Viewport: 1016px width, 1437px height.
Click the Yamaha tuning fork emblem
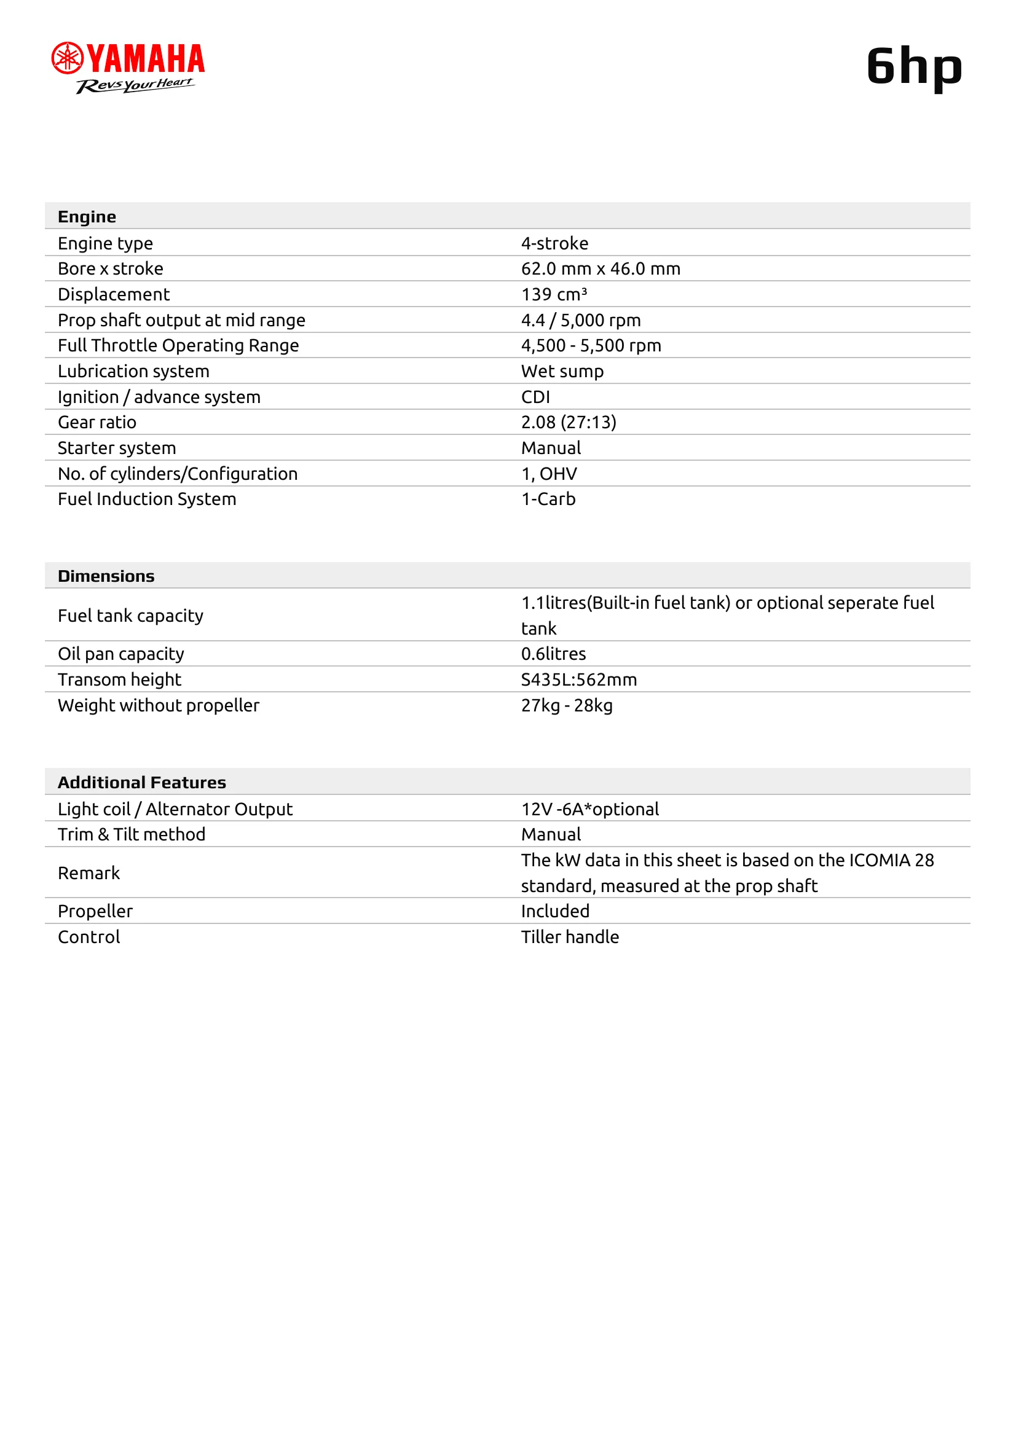(67, 58)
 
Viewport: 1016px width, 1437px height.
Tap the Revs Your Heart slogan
(135, 85)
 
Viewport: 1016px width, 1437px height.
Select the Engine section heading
(87, 216)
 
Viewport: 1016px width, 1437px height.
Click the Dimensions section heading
(106, 576)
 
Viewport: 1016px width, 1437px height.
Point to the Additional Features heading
(141, 782)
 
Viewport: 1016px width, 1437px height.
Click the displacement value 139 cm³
(554, 294)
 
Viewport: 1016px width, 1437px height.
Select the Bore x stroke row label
(110, 268)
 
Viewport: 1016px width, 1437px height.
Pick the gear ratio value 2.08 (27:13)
(569, 422)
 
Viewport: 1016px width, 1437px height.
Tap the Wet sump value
(562, 371)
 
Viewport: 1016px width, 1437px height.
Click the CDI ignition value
(535, 397)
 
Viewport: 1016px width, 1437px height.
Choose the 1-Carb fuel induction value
(548, 499)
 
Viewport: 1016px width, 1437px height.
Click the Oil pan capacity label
(121, 654)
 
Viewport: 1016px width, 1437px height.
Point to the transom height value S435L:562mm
(579, 679)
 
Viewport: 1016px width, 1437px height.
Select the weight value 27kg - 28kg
(567, 705)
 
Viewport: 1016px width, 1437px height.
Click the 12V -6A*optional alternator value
(589, 809)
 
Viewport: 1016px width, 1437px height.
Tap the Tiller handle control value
(570, 936)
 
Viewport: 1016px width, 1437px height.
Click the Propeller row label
(95, 910)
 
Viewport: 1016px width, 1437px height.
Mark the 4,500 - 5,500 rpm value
(591, 345)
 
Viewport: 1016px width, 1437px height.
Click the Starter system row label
(116, 447)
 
